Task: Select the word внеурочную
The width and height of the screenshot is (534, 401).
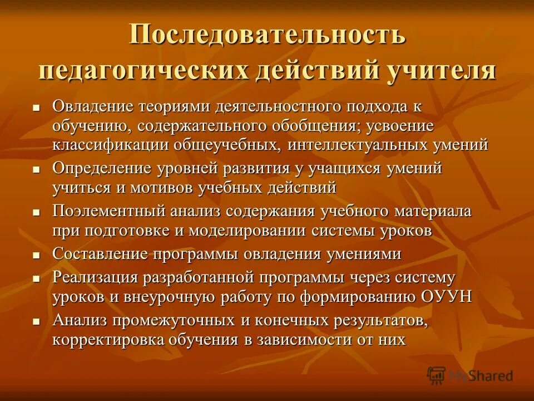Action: coord(166,296)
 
